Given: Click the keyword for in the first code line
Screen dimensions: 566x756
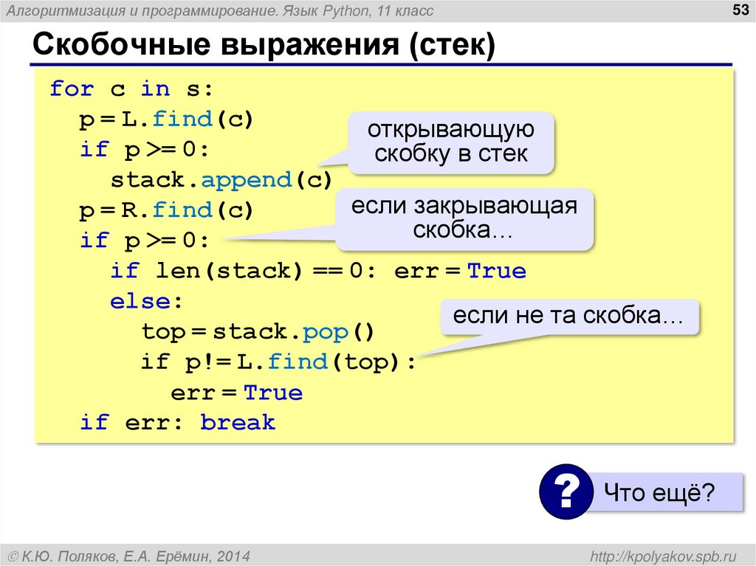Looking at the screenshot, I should pos(72,89).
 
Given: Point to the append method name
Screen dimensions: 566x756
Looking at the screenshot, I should pos(247,180).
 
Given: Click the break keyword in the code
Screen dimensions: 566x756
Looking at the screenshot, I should pos(238,423).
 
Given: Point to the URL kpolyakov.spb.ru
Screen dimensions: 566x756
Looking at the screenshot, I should pos(653,554).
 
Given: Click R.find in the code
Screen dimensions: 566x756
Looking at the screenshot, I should pos(156,210).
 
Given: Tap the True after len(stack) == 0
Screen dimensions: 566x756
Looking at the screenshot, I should pos(497,271).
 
